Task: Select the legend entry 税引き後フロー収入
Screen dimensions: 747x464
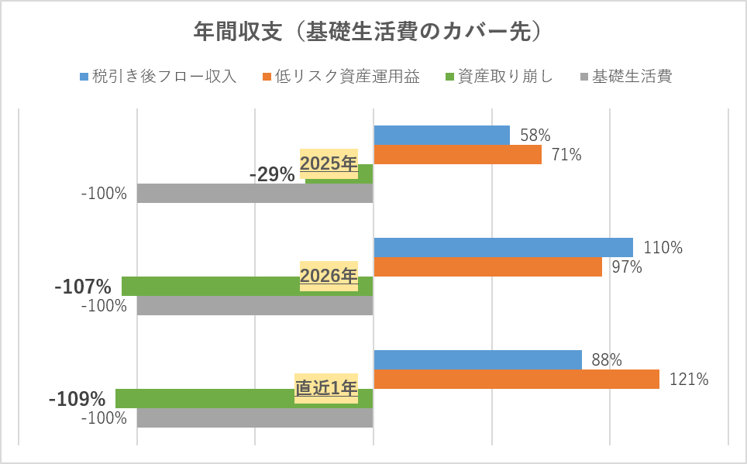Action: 159,76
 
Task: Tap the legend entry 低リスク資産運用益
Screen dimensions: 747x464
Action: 341,76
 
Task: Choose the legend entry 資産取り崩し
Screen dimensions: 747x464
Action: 499,76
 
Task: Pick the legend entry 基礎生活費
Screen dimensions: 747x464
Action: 626,76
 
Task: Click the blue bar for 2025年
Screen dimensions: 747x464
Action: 442,136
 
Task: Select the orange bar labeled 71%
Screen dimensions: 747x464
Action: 457,154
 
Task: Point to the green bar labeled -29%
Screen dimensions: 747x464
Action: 339,174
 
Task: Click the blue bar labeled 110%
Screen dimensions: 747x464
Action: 503,247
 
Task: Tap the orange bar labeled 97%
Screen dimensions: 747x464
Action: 488,266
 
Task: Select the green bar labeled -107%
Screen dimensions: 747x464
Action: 247,286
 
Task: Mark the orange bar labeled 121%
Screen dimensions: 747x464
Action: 516,379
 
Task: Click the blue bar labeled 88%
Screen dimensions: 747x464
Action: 478,359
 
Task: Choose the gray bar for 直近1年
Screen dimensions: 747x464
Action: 255,418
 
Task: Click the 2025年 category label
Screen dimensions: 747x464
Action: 329,163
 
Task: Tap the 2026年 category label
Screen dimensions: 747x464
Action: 329,276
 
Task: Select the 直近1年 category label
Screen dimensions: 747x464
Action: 326,388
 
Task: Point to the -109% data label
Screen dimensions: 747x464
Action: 77,399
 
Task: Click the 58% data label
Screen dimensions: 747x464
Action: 535,136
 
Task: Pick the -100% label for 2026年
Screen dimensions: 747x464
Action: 104,305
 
